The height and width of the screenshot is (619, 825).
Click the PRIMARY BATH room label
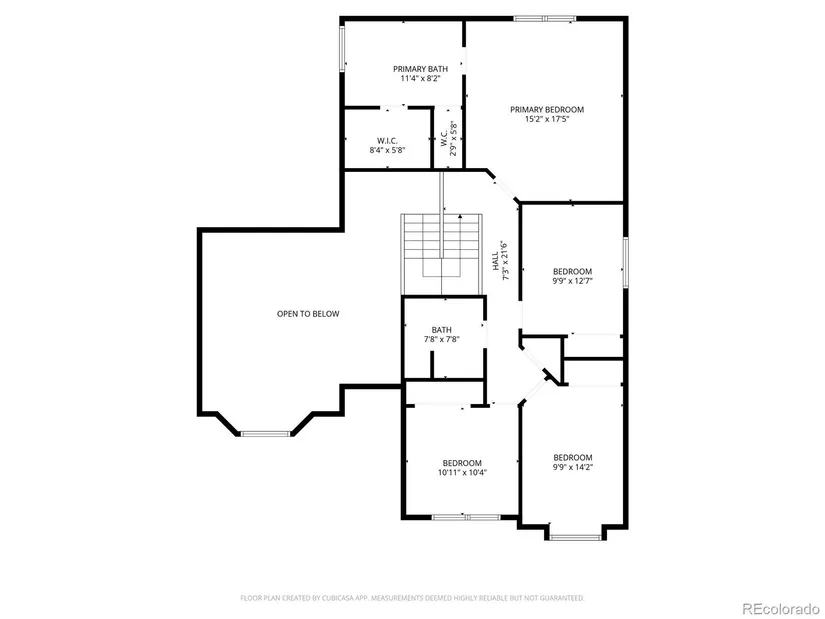tap(420, 69)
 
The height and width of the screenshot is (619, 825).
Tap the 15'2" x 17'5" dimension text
tap(547, 119)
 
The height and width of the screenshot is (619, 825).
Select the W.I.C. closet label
tap(387, 141)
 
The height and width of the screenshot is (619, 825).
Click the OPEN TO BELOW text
tap(308, 314)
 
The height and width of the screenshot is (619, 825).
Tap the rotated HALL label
tap(495, 261)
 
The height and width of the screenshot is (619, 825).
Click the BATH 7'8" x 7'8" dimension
tap(442, 340)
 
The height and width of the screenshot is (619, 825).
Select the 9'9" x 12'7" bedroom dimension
tap(572, 281)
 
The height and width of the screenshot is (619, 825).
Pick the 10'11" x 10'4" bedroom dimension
tap(462, 472)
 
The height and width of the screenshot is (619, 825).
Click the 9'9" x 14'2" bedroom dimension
tap(572, 466)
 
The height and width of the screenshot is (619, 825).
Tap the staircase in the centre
tap(442, 254)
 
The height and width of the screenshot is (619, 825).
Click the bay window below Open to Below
tap(266, 434)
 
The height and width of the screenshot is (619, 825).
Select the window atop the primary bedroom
tap(545, 19)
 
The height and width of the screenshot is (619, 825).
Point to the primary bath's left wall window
tap(341, 48)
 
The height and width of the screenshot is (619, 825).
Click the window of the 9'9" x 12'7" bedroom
tap(626, 262)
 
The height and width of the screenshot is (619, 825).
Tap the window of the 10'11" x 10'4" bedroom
tap(466, 517)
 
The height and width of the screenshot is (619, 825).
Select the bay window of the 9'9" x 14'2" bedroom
tap(576, 537)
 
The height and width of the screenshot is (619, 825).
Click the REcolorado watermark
tap(781, 609)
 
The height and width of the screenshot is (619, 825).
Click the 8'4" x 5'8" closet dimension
tap(387, 150)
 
